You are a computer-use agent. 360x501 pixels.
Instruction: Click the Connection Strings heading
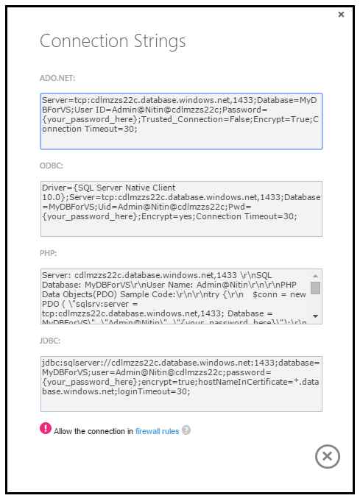113,40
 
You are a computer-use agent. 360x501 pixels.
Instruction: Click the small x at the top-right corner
341,14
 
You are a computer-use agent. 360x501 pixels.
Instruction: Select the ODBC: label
51,166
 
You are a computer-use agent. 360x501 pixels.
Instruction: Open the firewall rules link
157,431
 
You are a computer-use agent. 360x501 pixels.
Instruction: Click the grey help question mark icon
186,430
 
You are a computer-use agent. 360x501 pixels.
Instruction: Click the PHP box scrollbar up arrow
315,274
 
